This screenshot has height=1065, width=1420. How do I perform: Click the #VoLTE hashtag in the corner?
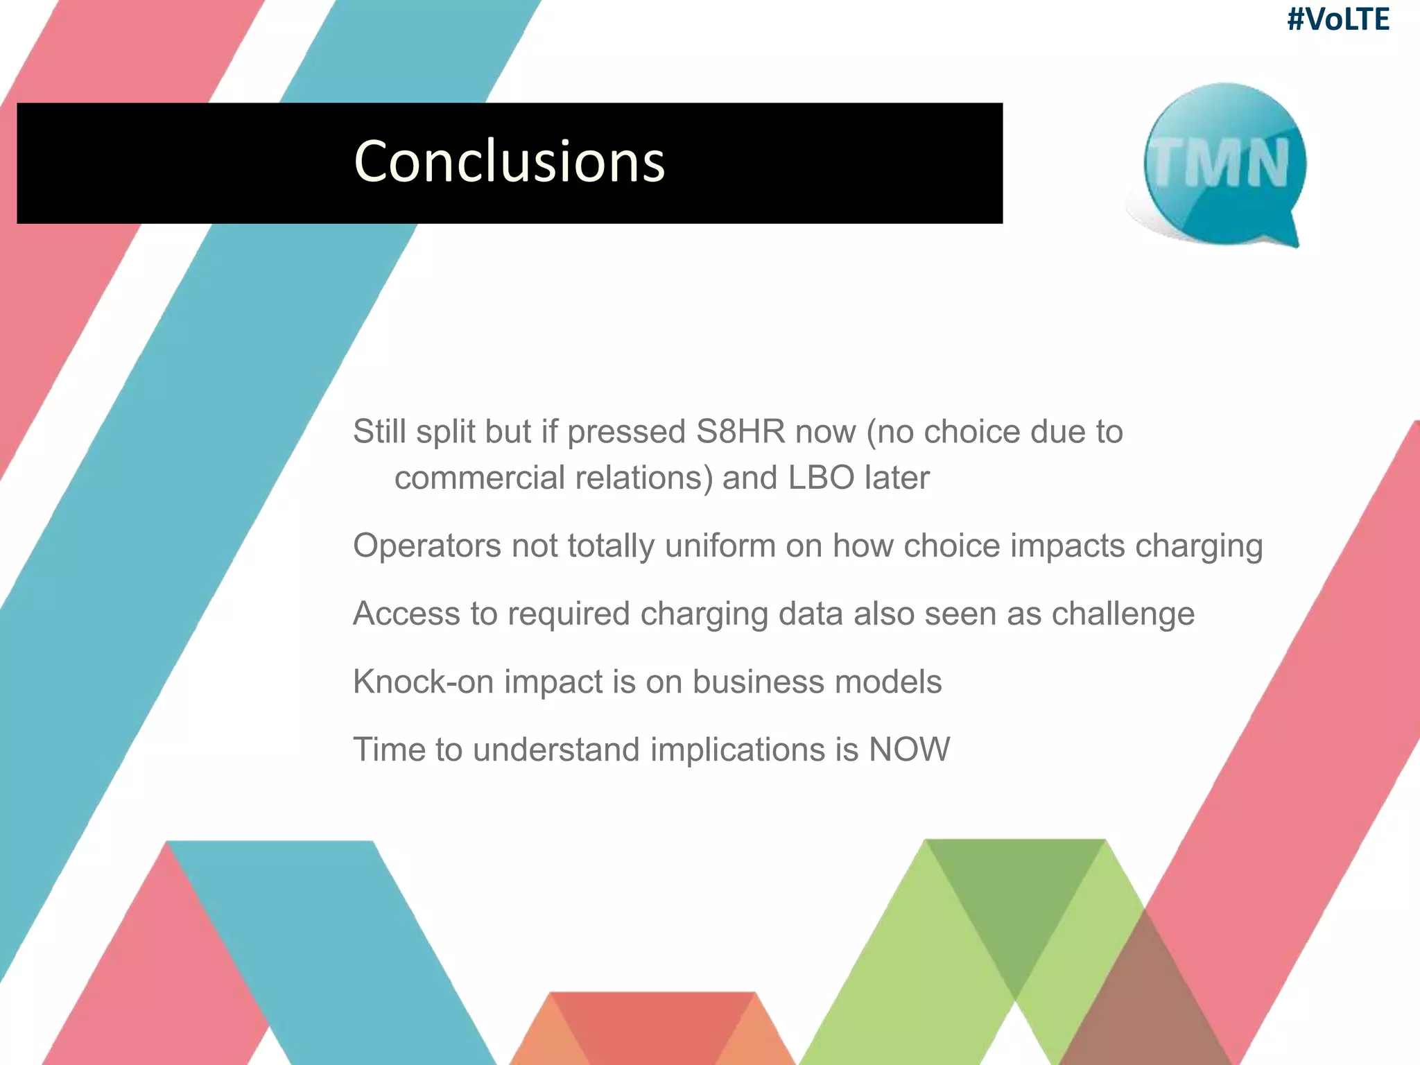pyautogui.click(x=1337, y=19)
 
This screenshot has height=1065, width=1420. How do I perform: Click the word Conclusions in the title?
pyautogui.click(x=509, y=162)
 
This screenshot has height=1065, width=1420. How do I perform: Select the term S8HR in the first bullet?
pyautogui.click(x=741, y=432)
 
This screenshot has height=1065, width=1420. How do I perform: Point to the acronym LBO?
pyautogui.click(x=821, y=478)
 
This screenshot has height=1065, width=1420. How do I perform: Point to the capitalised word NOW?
pyautogui.click(x=909, y=750)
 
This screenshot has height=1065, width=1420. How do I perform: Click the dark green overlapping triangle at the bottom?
pyautogui.click(x=1015, y=901)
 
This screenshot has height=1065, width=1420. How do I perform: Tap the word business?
pyautogui.click(x=757, y=682)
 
